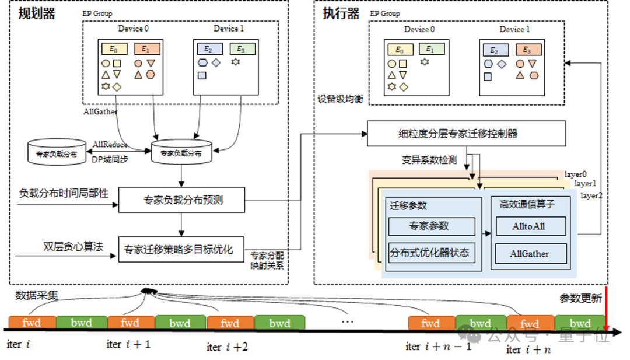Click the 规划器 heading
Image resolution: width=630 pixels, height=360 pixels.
click(x=36, y=14)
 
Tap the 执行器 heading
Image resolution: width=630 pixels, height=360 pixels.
click(x=341, y=14)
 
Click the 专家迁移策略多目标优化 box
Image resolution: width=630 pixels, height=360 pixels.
click(x=181, y=250)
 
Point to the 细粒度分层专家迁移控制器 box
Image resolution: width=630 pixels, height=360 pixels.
click(x=466, y=134)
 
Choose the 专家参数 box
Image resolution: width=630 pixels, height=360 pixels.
click(x=432, y=226)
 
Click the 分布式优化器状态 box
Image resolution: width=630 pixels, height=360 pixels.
click(x=432, y=253)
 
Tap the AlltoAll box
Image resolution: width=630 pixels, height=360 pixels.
click(x=530, y=226)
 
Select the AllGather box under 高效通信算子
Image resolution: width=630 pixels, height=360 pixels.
click(x=530, y=254)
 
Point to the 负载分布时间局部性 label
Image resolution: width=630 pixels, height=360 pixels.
click(x=64, y=193)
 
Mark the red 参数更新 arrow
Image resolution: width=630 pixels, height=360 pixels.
click(x=607, y=309)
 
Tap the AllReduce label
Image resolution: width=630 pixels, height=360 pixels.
click(x=110, y=144)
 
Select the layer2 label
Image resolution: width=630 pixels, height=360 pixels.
click(x=591, y=196)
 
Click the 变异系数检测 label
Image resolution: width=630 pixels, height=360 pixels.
click(x=429, y=160)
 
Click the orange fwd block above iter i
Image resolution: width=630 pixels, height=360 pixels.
click(x=33, y=323)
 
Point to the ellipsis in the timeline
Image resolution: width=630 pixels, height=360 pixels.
click(x=347, y=321)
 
